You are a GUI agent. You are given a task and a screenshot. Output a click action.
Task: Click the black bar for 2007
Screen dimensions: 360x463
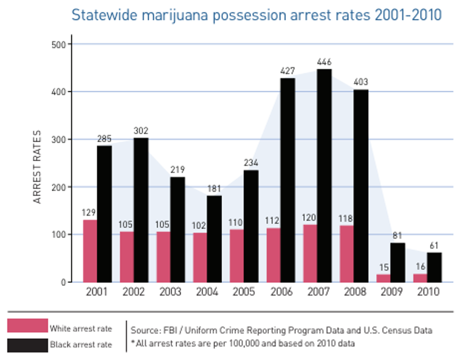pos(324,176)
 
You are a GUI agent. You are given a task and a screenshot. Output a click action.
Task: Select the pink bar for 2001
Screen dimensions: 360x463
pos(90,251)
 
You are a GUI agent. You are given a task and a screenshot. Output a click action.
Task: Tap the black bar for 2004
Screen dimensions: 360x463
pos(214,239)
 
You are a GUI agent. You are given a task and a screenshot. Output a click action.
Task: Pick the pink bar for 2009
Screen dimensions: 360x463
pos(384,278)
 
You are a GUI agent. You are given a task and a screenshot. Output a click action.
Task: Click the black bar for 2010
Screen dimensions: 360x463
pos(434,267)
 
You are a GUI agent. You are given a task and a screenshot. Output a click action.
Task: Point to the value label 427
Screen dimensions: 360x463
pos(287,71)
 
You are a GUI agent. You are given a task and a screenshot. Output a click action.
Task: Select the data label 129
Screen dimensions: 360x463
pos(90,213)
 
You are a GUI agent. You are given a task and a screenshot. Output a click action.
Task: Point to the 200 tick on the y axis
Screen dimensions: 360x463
pos(60,187)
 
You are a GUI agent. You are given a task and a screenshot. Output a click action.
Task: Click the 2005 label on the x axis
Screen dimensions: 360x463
pos(243,292)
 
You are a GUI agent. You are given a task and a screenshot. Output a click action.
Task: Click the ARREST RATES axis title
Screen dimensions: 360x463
pos(38,166)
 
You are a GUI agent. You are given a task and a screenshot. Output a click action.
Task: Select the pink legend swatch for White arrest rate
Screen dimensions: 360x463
pos(27,326)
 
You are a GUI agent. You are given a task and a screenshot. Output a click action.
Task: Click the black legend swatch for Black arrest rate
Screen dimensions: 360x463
pos(27,345)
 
